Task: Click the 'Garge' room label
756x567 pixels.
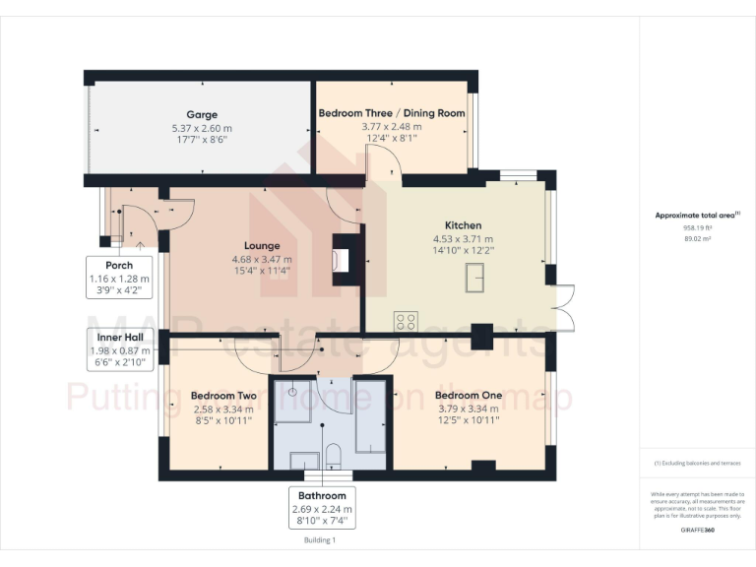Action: pyautogui.click(x=202, y=114)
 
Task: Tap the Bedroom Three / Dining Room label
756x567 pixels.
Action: pyautogui.click(x=392, y=113)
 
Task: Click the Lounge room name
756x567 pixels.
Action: pyautogui.click(x=262, y=246)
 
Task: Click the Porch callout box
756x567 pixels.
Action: pyautogui.click(x=118, y=279)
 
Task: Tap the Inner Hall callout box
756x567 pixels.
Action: pyautogui.click(x=117, y=349)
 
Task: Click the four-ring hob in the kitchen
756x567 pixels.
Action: pyautogui.click(x=406, y=321)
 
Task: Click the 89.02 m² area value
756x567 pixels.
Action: pyautogui.click(x=697, y=237)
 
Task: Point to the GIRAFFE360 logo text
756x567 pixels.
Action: pyautogui.click(x=697, y=531)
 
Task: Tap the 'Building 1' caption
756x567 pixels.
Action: pyautogui.click(x=320, y=539)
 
